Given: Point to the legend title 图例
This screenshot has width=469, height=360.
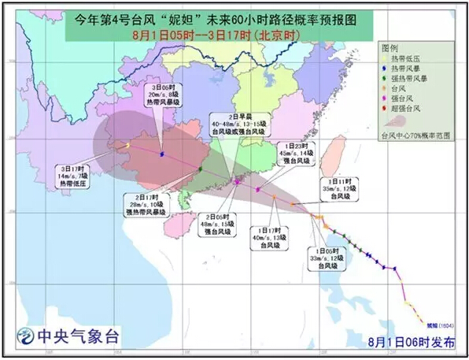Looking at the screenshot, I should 390,47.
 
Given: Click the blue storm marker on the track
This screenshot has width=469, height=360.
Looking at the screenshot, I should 162,154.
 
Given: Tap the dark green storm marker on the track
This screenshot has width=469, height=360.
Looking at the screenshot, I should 200,169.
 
